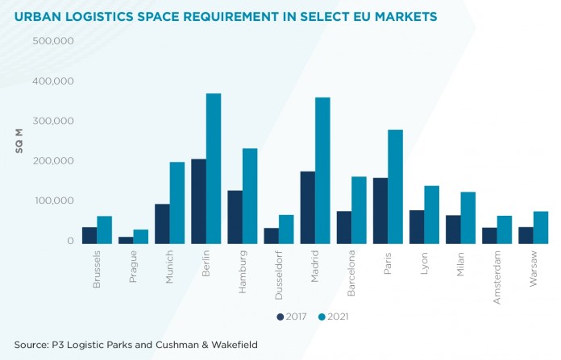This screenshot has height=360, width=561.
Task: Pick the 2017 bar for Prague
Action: click(x=126, y=238)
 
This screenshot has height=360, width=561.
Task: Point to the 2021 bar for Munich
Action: click(x=177, y=201)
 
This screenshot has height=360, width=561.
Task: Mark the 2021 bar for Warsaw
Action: click(x=540, y=226)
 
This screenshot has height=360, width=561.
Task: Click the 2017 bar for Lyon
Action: click(x=416, y=226)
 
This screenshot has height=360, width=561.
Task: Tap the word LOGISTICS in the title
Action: click(x=106, y=16)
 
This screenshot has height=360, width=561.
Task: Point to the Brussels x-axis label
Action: click(x=96, y=269)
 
